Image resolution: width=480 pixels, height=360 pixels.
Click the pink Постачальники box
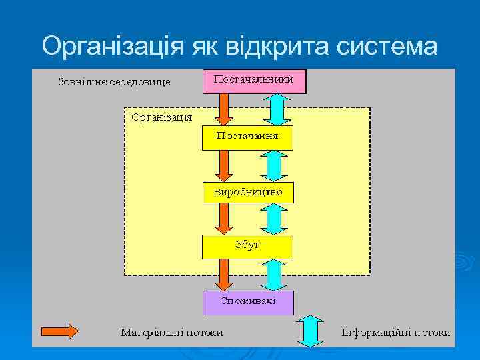pos(253,80)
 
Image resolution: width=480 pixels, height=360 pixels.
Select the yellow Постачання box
pos(247,137)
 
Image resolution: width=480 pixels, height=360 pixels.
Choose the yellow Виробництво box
pos(247,193)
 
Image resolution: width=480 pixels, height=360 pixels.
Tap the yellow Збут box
pos(247,246)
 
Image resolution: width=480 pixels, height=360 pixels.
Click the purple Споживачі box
pos(247,302)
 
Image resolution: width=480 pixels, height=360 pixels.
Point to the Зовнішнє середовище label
pos(115,82)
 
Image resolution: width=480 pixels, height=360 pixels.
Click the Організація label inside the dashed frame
pos(162,118)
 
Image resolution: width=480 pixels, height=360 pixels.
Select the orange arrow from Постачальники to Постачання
pos(224,109)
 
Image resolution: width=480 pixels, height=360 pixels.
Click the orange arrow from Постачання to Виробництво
pos(224,165)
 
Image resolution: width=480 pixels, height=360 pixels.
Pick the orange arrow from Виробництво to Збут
pos(224,219)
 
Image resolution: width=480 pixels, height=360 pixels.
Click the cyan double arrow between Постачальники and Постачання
pos(277,109)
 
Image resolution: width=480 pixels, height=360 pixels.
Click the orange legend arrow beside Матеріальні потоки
pos(59,332)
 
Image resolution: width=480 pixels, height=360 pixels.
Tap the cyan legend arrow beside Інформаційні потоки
pos(310,331)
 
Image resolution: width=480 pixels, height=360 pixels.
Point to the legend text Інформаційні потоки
pos(395,332)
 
